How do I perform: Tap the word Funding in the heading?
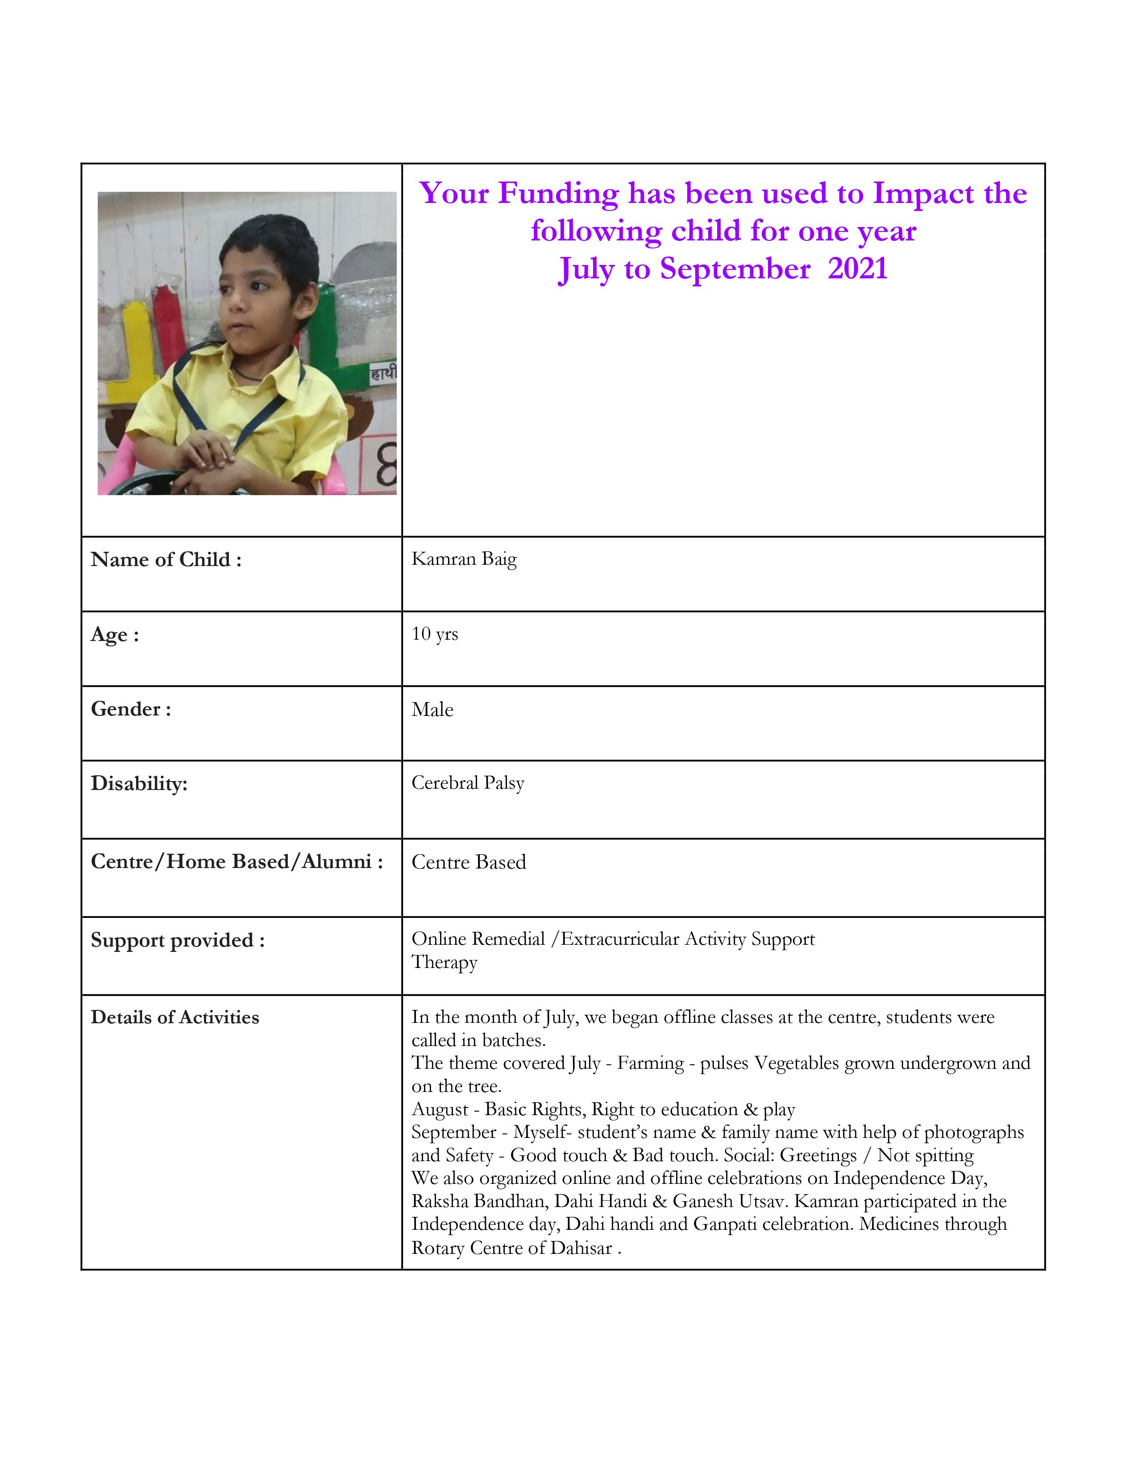coord(558,194)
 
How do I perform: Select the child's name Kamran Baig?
coord(464,559)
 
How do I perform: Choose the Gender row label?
coord(131,709)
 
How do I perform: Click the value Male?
coord(432,710)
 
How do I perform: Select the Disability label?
coord(139,783)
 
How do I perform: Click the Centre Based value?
coord(469,862)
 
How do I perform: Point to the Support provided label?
coord(177,939)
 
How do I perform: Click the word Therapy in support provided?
coord(444,963)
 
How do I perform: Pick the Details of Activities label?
coord(174,1017)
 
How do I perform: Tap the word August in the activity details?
coord(440,1109)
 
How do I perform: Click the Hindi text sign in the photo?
coord(383,373)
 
